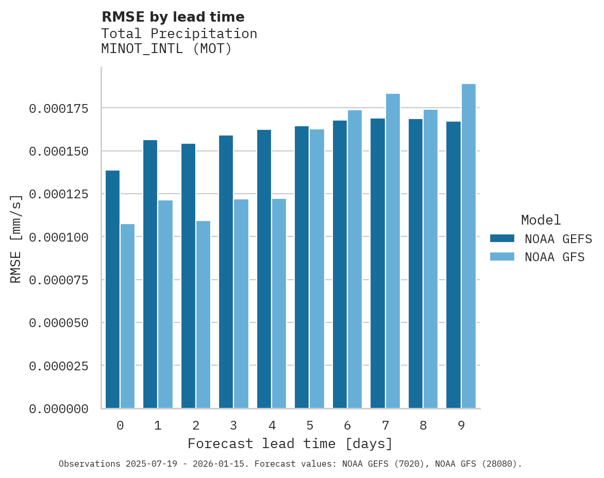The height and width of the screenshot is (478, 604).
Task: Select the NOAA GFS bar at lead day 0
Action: tap(127, 316)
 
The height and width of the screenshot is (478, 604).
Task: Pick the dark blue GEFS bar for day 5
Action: tap(301, 267)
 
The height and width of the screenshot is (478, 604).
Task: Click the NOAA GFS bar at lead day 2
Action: tap(203, 315)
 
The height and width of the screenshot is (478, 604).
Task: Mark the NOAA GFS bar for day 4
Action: tap(279, 303)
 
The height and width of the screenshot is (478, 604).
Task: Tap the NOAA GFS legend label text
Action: tap(555, 257)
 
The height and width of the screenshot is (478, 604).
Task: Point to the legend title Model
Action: tap(541, 220)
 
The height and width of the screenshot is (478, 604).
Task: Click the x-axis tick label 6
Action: tap(347, 425)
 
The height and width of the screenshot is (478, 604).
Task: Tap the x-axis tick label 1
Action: tap(158, 425)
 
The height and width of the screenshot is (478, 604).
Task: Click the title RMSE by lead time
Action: tap(173, 17)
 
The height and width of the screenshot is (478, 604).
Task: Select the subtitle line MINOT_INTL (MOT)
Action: tap(166, 49)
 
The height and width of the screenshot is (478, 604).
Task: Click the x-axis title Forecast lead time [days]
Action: tap(290, 443)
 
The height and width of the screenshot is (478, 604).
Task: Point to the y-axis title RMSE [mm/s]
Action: tap(16, 239)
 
